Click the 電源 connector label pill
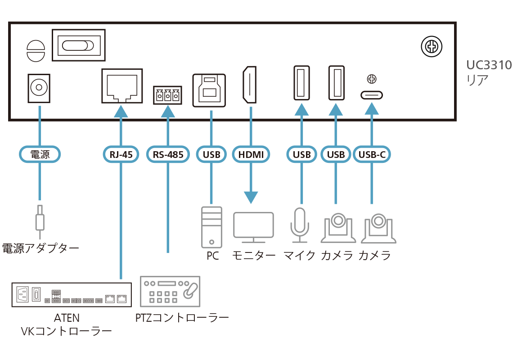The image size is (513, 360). click(40, 155)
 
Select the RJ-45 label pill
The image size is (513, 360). click(121, 155)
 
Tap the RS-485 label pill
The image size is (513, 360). click(168, 155)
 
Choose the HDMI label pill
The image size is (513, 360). click(251, 155)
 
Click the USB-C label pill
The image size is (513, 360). click(371, 155)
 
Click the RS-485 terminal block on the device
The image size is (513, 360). click(167, 95)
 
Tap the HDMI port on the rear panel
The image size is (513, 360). click(250, 85)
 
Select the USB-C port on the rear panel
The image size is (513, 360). click(371, 95)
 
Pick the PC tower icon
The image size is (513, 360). click(211, 227)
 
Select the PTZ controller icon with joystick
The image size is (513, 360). click(171, 292)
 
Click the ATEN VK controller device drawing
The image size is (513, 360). click(71, 295)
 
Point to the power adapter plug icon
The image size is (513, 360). click(40, 220)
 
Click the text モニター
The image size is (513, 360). click(253, 256)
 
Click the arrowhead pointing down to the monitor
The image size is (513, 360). click(251, 197)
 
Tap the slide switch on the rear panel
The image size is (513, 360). click(78, 45)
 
